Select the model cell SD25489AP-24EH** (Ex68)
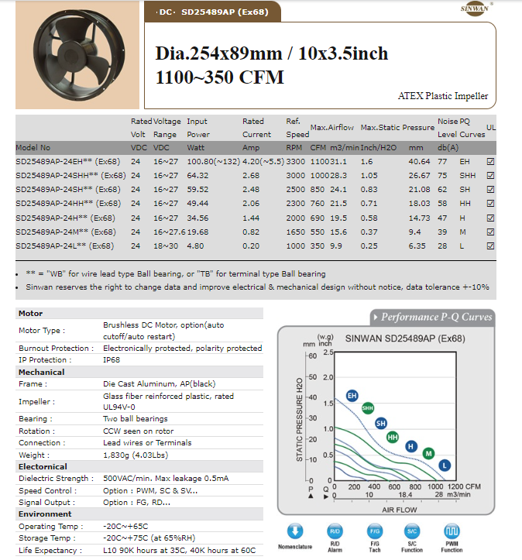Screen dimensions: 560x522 pyautogui.click(x=68, y=161)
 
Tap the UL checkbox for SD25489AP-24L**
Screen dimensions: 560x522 pyautogui.click(x=489, y=246)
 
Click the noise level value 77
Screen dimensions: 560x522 pyautogui.click(x=442, y=161)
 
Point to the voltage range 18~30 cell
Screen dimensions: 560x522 pyautogui.click(x=165, y=246)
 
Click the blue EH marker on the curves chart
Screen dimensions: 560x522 pyautogui.click(x=352, y=396)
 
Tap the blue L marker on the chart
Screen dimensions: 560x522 pyautogui.click(x=445, y=465)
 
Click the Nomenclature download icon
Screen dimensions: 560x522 pyautogui.click(x=295, y=531)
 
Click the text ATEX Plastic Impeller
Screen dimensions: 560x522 pyautogui.click(x=443, y=97)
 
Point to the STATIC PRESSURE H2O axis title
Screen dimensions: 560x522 pyautogui.click(x=300, y=421)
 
